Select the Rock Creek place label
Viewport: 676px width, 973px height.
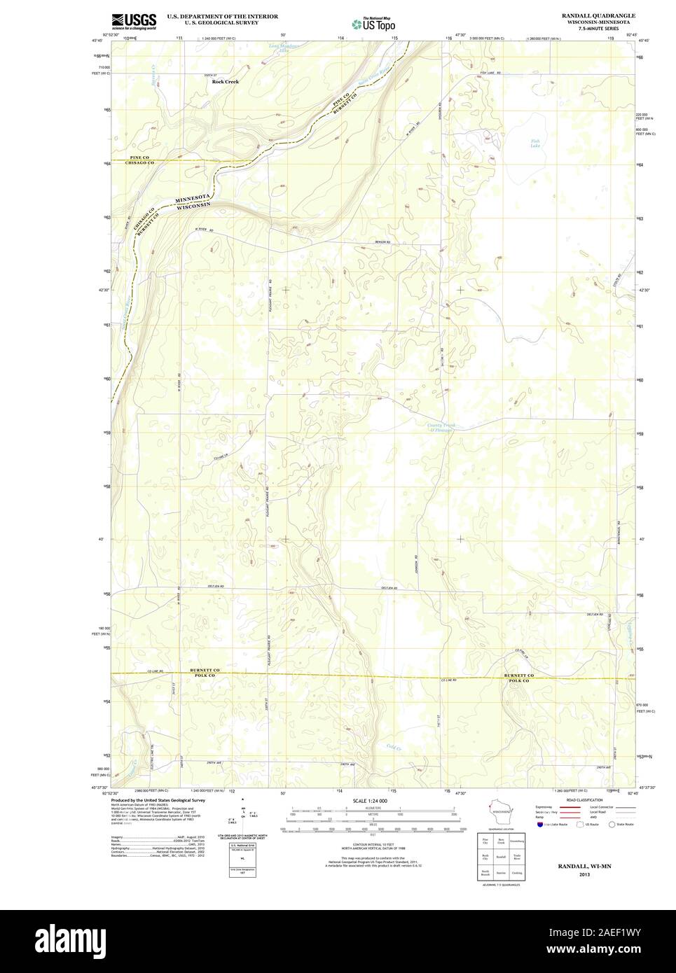(226, 82)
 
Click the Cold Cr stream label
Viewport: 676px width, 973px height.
(393, 746)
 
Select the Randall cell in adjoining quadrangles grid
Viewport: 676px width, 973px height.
(501, 855)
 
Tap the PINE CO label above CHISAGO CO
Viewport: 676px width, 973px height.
(140, 157)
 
